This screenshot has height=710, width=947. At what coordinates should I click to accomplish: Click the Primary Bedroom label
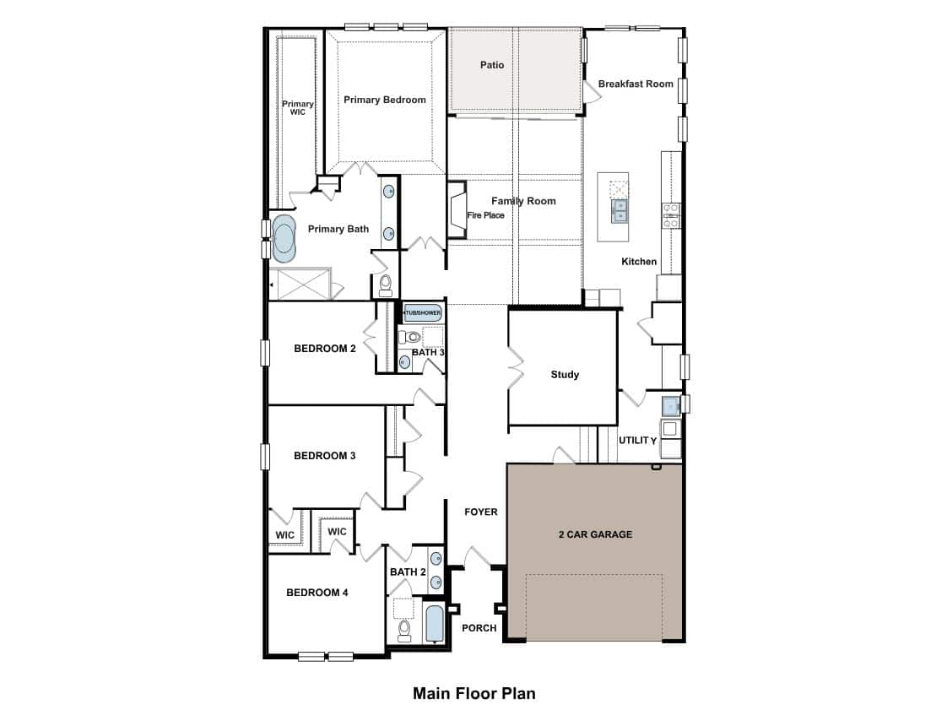385,100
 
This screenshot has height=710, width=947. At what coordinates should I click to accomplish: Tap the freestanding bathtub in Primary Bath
284,239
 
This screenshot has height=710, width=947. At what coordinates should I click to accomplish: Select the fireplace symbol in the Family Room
457,209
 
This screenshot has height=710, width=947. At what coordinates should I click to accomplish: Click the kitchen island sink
619,212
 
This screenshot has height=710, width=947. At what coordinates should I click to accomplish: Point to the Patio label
491,65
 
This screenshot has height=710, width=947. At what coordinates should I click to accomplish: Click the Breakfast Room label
636,84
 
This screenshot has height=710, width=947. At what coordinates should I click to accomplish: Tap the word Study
565,375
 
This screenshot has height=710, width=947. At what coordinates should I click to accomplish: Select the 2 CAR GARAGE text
596,534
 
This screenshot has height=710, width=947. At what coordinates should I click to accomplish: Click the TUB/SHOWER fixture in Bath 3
423,312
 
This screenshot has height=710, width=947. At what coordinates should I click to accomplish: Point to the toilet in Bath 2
404,631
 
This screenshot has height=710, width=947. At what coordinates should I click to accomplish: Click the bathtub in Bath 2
434,624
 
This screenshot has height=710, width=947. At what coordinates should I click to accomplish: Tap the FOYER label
481,512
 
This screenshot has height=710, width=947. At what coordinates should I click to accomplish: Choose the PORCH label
479,628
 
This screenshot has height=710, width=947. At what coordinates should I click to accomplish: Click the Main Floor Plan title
474,693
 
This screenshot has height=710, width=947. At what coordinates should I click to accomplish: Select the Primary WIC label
298,107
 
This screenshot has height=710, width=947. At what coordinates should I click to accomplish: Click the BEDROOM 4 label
317,592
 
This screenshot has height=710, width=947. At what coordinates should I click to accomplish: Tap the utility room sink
670,406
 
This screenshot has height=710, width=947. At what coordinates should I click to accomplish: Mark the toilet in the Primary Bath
386,285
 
